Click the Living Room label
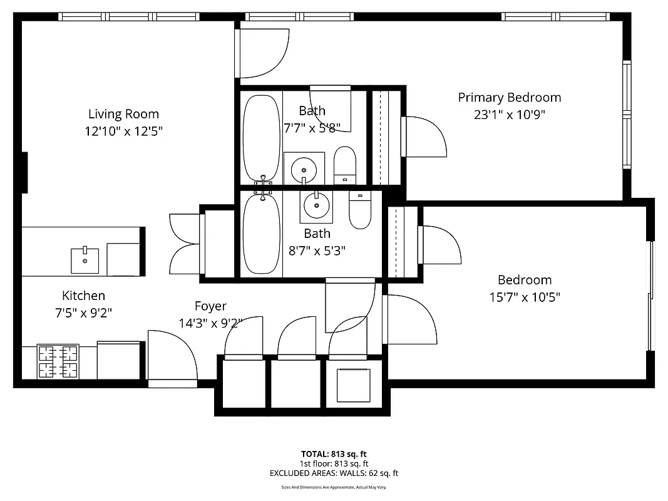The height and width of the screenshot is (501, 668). [123, 114]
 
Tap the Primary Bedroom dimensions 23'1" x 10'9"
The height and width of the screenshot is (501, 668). [509, 115]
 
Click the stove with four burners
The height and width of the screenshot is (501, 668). [58, 361]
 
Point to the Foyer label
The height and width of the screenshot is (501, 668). [210, 306]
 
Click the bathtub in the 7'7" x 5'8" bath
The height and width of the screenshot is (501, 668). [261, 137]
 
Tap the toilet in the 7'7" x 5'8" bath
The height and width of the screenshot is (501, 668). [344, 165]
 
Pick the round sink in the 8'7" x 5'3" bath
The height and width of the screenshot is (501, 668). [316, 205]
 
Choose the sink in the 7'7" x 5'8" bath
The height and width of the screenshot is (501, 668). [304, 168]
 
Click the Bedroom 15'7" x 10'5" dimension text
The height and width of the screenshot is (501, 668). [524, 297]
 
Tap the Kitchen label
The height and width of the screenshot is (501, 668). [83, 296]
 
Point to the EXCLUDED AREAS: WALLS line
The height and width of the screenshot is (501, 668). [334, 473]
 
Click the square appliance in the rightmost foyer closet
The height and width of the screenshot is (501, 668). [353, 385]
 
